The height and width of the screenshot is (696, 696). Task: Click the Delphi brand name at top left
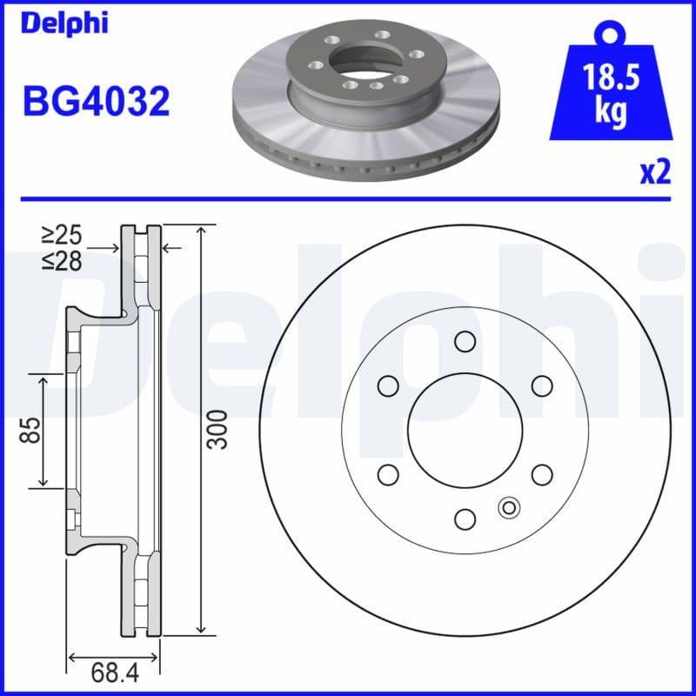(x=65, y=23)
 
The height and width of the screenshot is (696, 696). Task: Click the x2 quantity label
(x=655, y=173)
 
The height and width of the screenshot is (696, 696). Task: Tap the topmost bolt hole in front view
(x=465, y=340)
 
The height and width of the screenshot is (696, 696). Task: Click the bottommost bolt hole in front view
(x=465, y=519)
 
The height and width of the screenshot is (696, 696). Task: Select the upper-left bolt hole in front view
(x=388, y=385)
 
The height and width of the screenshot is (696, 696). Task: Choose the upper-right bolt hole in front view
(x=542, y=385)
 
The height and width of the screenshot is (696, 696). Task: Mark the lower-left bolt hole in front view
(x=388, y=474)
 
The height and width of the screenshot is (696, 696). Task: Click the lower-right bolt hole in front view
(x=542, y=474)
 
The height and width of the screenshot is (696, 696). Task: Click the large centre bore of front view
(x=465, y=430)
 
